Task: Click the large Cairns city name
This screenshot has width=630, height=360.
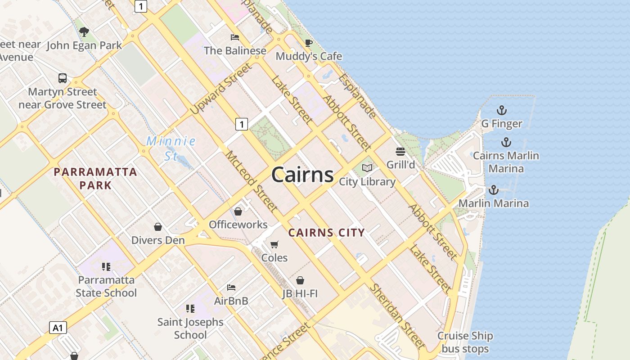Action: (x=302, y=175)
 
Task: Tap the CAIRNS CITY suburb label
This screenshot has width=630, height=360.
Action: (x=326, y=233)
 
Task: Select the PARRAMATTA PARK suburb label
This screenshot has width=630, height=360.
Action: (x=95, y=178)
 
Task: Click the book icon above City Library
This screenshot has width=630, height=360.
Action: (x=367, y=168)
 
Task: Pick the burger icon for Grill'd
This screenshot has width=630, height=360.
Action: (x=400, y=151)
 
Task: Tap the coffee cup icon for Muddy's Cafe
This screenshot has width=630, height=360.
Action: (x=308, y=43)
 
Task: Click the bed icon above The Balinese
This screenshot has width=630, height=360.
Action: (x=234, y=37)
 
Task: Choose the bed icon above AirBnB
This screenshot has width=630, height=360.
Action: (x=231, y=287)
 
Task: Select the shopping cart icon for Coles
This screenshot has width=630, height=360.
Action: (x=274, y=244)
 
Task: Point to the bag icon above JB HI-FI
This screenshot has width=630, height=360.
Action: (x=300, y=280)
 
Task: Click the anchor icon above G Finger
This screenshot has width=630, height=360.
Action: (x=501, y=110)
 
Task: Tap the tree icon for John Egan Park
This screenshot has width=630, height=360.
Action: (x=84, y=31)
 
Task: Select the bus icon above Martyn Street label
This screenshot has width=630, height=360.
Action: (x=63, y=78)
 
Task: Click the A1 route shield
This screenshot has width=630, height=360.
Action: (x=58, y=328)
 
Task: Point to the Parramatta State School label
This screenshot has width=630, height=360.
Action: (x=106, y=286)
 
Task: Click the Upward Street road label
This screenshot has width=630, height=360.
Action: (x=220, y=89)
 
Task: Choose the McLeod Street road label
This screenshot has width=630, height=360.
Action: (x=251, y=181)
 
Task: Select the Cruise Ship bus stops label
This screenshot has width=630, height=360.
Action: (x=465, y=342)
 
